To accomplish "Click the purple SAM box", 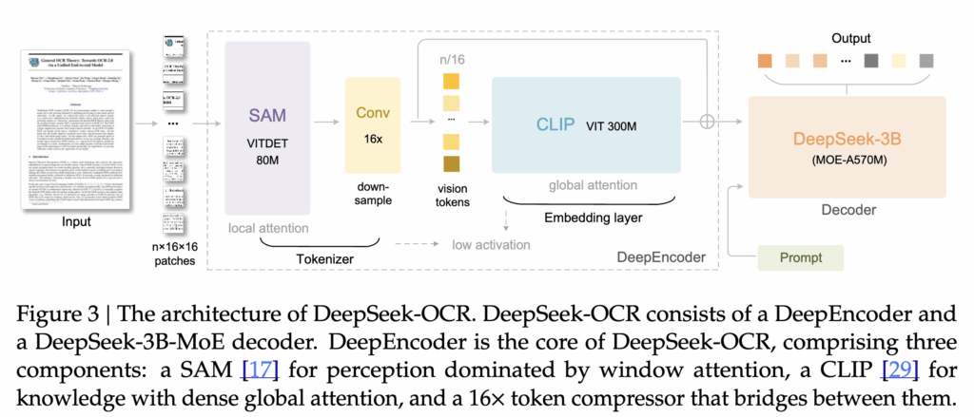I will [267, 128].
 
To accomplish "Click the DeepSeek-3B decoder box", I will [847, 147].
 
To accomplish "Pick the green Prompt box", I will [803, 256].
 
